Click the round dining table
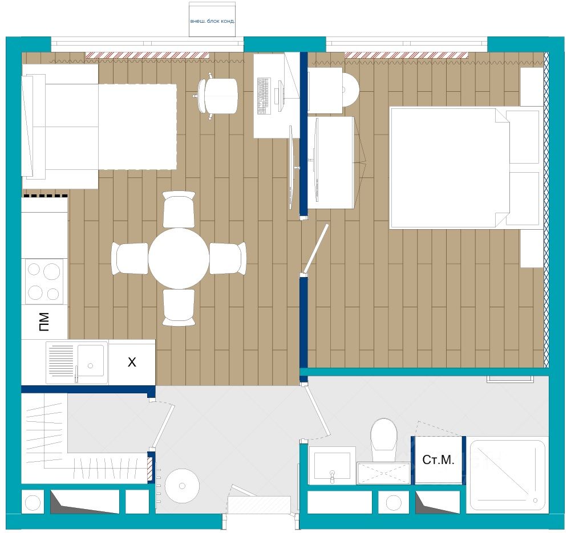pos(179,258)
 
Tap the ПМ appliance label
pos(44,322)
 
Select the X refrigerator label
pos(132,362)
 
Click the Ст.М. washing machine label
pos(439,459)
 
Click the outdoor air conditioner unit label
pos(212,21)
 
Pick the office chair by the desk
pos(217,96)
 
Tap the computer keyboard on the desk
pos(264,96)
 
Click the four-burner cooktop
pos(44,281)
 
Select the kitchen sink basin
pos(91,361)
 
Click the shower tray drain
pos(535,501)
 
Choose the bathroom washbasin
pos(332,466)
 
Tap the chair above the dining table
pos(179,210)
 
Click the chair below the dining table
pos(179,307)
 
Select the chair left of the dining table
pos(129,258)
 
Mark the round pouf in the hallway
pos(182,486)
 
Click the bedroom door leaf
pos(316,249)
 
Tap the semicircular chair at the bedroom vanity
pos(351,90)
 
